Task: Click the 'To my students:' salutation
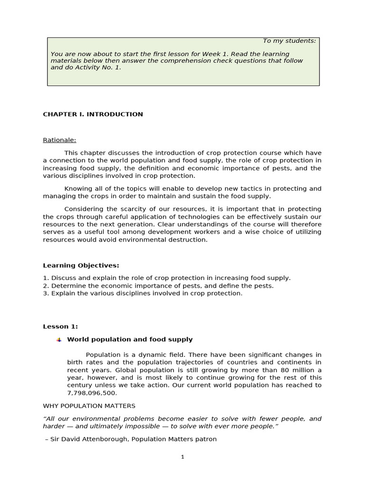click(x=289, y=41)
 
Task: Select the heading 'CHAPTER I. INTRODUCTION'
click(x=93, y=114)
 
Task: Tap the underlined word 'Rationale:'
click(x=59, y=140)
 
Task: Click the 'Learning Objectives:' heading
click(x=81, y=265)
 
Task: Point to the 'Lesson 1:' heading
click(x=60, y=327)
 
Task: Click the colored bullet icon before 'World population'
click(x=59, y=340)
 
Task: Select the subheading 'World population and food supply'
click(x=130, y=339)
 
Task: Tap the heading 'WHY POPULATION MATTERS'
click(x=89, y=406)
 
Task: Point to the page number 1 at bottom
click(x=182, y=457)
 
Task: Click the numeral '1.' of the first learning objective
click(x=46, y=278)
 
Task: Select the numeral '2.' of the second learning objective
click(x=46, y=286)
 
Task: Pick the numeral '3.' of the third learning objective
click(x=46, y=293)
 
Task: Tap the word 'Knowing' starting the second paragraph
click(x=77, y=188)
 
